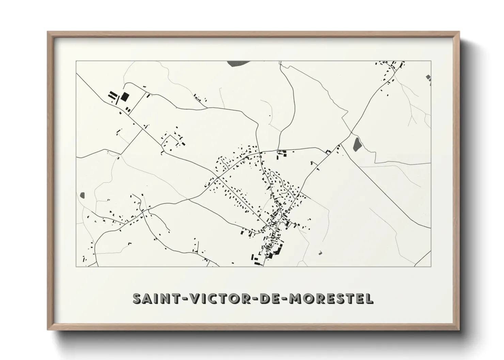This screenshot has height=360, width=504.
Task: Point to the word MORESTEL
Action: click(330, 298)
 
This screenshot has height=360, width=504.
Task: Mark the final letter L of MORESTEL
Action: click(369, 298)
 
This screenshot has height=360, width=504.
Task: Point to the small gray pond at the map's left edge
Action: click(82, 195)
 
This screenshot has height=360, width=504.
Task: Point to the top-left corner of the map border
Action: click(76, 61)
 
